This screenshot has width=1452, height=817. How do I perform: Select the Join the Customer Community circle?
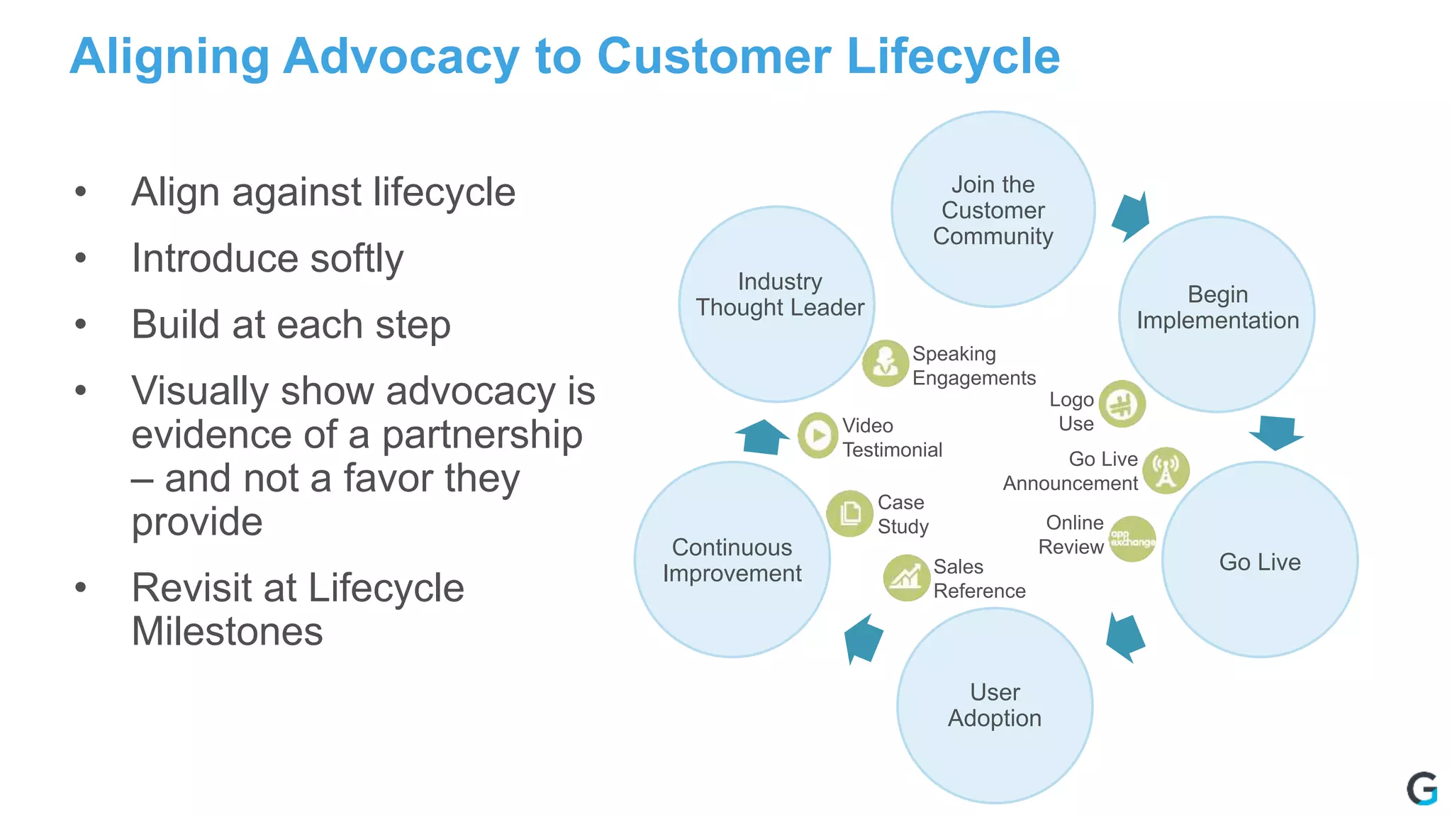(x=993, y=209)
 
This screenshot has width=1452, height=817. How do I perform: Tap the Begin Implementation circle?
(x=1217, y=314)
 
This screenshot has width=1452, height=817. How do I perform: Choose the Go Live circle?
(x=1260, y=560)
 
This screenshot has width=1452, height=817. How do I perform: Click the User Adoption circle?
(x=995, y=706)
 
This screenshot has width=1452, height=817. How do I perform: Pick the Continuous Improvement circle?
(x=732, y=560)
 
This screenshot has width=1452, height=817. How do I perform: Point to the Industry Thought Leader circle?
(x=777, y=304)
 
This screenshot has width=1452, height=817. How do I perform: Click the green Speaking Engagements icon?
(x=885, y=363)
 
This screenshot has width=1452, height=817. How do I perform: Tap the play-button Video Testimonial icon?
(x=818, y=435)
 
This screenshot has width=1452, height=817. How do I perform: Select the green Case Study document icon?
(x=849, y=513)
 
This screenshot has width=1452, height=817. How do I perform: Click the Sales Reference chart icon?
(x=906, y=578)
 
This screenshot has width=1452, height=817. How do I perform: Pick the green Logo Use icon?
(x=1122, y=404)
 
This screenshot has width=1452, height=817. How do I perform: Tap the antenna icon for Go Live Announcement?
(x=1166, y=470)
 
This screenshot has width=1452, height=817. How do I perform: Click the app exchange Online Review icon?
(x=1132, y=539)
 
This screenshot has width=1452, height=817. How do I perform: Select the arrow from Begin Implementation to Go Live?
(x=1276, y=432)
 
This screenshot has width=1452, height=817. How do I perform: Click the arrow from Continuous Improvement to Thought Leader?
(x=762, y=436)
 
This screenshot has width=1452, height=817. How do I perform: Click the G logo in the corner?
(x=1422, y=789)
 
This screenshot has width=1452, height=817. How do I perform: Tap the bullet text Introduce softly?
(x=267, y=258)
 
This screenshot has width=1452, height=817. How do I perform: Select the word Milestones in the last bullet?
(x=227, y=631)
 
